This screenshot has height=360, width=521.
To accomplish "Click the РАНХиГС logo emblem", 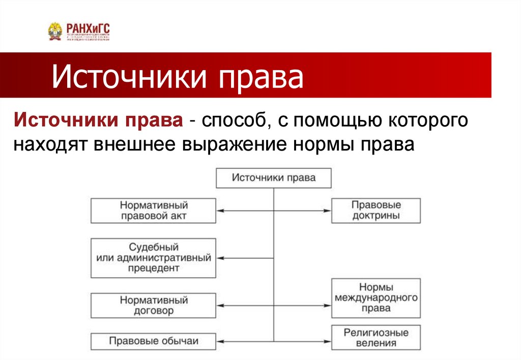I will [54, 31].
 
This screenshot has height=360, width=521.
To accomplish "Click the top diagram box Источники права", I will [274, 178].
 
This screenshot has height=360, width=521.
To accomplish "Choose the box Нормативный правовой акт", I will [154, 211].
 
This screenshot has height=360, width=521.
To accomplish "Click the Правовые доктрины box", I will [376, 211].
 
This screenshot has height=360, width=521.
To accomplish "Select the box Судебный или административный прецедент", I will [154, 258].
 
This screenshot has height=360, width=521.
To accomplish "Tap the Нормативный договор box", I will [154, 305].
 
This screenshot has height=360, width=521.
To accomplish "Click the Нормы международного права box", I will [376, 300].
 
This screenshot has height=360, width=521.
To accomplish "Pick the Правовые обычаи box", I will [154, 341].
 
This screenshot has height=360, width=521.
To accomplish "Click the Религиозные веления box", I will [376, 338].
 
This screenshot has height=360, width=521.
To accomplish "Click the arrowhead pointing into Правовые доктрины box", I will [328, 211].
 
